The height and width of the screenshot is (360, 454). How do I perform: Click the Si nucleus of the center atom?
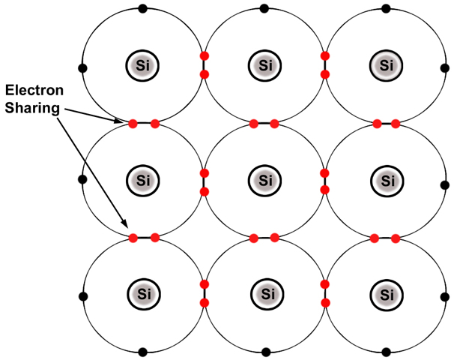pyautogui.click(x=264, y=180)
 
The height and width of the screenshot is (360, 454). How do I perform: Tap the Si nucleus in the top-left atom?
pyautogui.click(x=140, y=65)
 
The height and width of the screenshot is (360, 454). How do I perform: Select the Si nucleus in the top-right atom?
pyautogui.click(x=387, y=65)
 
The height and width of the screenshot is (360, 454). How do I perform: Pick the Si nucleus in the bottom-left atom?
pyautogui.click(x=140, y=292)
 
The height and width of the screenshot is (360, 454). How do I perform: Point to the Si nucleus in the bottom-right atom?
pyautogui.click(x=387, y=292)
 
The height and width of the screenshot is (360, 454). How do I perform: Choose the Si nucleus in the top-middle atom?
pyautogui.click(x=264, y=65)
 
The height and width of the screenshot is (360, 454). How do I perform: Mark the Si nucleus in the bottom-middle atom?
pyautogui.click(x=264, y=292)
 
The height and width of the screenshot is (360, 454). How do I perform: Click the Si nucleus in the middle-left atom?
pyautogui.click(x=140, y=180)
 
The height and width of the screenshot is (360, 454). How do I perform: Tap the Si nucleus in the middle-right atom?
pyautogui.click(x=387, y=180)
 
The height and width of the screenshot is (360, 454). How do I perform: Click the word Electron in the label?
pyautogui.click(x=34, y=91)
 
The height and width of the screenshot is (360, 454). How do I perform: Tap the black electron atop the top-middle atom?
pyautogui.click(x=264, y=9)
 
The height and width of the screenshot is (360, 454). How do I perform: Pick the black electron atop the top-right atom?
pyautogui.click(x=387, y=9)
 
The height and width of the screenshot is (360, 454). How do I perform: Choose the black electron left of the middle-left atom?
pyautogui.click(x=82, y=180)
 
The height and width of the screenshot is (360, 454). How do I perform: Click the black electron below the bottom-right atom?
pyautogui.click(x=387, y=350)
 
